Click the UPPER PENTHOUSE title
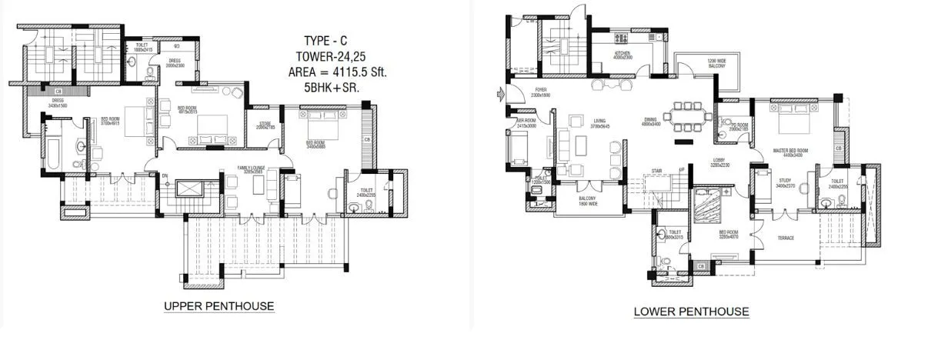(219, 306)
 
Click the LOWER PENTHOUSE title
(691, 312)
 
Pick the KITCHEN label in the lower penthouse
(623, 54)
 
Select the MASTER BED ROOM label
(790, 151)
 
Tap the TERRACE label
(783, 238)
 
